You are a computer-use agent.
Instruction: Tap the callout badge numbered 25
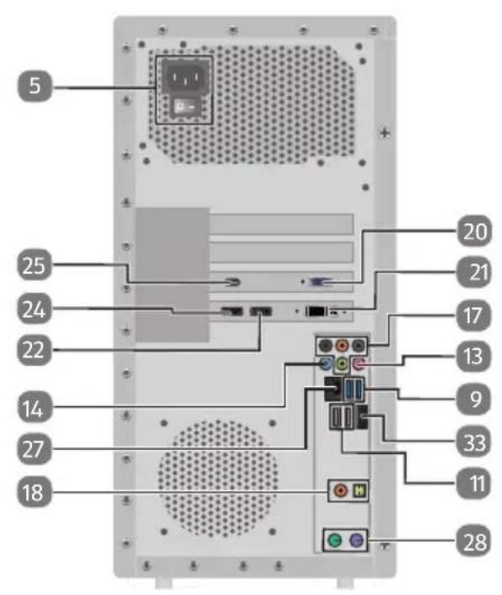tap(34, 265)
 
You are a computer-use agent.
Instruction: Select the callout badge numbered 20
tap(474, 231)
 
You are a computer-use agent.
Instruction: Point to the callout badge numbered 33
tap(474, 442)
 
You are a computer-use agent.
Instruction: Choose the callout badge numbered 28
tap(474, 542)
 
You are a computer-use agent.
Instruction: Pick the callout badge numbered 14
tap(34, 409)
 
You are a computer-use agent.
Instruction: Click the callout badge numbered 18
tap(34, 492)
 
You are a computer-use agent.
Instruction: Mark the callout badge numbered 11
tap(474, 483)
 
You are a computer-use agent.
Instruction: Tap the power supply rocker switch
tap(185, 108)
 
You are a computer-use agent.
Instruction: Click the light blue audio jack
tap(325, 365)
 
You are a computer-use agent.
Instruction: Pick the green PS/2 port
tap(335, 540)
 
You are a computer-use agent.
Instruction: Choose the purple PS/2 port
tap(356, 540)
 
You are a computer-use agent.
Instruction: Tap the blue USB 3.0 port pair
tap(354, 389)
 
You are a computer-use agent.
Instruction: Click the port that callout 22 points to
tap(261, 311)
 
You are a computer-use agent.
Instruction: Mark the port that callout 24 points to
tap(232, 311)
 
